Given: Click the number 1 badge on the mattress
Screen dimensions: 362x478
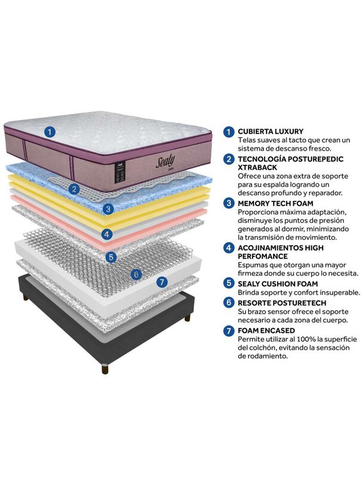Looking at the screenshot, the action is pyautogui.click(x=50, y=132).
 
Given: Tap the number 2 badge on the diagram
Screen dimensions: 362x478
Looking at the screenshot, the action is pyautogui.click(x=74, y=189).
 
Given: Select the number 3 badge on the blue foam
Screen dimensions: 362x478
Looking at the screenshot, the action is pyautogui.click(x=108, y=209).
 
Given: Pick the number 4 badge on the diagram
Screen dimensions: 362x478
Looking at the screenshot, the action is pyautogui.click(x=107, y=234).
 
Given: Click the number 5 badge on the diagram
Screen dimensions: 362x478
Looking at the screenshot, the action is pyautogui.click(x=111, y=257).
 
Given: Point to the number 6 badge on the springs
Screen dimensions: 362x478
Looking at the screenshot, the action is pyautogui.click(x=136, y=275).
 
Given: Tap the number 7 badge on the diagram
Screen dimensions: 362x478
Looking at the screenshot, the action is pyautogui.click(x=162, y=282).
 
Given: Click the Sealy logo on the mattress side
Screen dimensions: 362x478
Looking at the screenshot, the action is pyautogui.click(x=165, y=161).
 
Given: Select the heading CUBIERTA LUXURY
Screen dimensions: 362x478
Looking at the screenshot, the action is pyautogui.click(x=271, y=131).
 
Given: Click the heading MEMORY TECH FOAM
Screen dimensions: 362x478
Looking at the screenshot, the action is pyautogui.click(x=275, y=203).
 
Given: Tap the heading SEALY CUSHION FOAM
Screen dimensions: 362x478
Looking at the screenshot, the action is pyautogui.click(x=278, y=284).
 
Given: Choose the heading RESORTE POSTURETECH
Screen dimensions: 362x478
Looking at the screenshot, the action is pyautogui.click(x=282, y=303).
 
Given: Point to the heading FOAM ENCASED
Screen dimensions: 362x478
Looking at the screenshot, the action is pyautogui.click(x=266, y=330).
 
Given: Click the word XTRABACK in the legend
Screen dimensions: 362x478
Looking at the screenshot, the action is pyautogui.click(x=257, y=167).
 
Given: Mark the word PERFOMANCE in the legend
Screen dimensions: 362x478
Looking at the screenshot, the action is pyautogui.click(x=263, y=256).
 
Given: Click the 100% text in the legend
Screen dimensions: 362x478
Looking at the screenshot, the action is pyautogui.click(x=306, y=339).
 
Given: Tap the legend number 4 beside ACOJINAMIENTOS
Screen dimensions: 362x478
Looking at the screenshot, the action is pyautogui.click(x=229, y=247).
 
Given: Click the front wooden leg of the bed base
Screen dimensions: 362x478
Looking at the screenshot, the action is pyautogui.click(x=105, y=369).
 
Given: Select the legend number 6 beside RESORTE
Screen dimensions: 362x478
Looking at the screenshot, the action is pyautogui.click(x=229, y=303).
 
